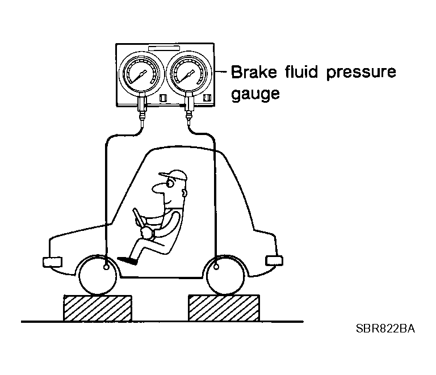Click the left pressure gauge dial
(141, 73)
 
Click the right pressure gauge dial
(189, 73)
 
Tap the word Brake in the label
(254, 72)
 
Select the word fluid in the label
(301, 71)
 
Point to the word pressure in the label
(361, 73)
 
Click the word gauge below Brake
(255, 94)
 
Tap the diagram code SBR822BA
(385, 329)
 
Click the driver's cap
(174, 175)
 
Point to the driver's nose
(157, 188)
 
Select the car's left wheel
(98, 276)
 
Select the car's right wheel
(225, 276)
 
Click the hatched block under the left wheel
(98, 308)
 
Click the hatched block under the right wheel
(224, 308)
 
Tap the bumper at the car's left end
(53, 262)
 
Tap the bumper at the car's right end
(274, 261)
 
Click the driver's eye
(169, 183)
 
